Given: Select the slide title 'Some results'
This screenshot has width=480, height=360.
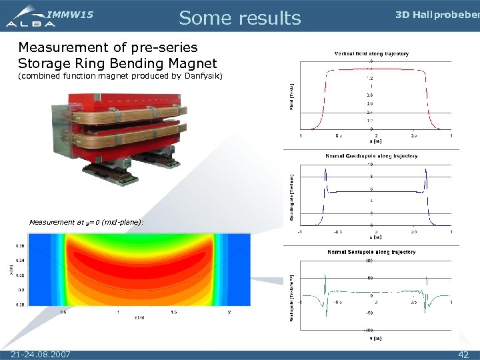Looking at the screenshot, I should (x=240, y=18).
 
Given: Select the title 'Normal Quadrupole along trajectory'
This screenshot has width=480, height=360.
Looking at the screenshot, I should (x=371, y=156).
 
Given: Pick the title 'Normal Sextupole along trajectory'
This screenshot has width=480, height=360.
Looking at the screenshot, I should (x=371, y=252).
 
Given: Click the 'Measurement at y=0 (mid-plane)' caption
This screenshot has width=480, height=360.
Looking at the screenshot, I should (x=86, y=222).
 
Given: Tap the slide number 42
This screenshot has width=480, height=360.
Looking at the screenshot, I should (x=463, y=354).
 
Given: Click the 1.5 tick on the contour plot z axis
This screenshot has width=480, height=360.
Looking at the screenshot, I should (x=173, y=312).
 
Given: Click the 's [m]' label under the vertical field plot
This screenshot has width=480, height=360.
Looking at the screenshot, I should (x=376, y=141).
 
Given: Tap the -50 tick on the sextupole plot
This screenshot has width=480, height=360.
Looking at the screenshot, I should (x=369, y=312).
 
